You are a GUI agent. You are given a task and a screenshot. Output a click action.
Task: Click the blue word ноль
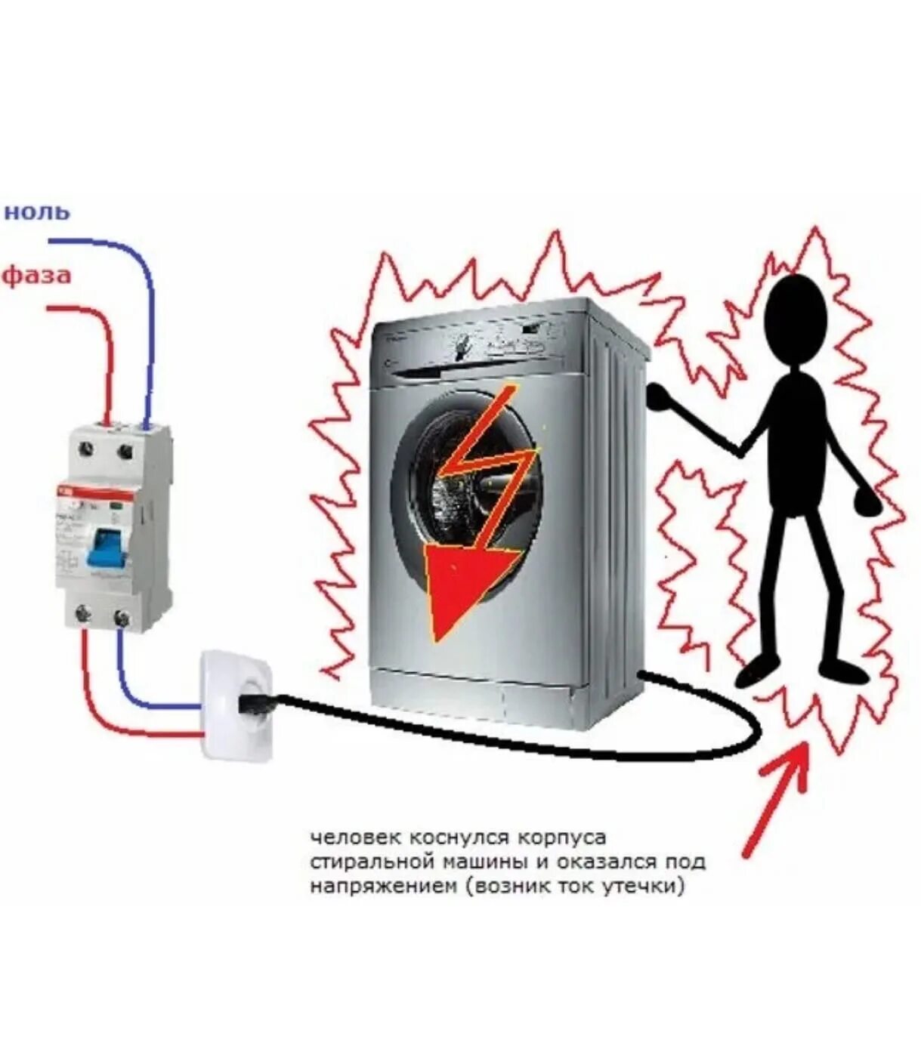37,211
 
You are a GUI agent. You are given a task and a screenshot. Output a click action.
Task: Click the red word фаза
37,274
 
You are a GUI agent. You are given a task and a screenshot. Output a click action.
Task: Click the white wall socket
235,707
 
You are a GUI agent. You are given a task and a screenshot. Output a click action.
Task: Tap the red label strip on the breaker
95,492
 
